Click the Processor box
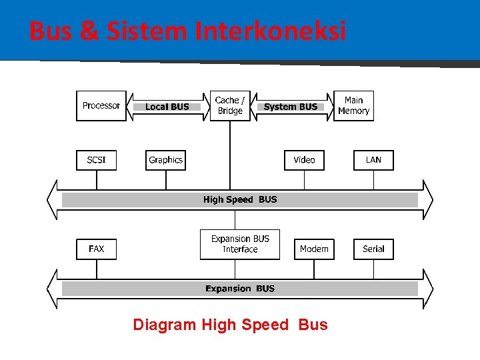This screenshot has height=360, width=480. [x=101, y=106]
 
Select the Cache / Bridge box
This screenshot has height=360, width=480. [x=230, y=106]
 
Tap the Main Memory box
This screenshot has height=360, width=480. [x=353, y=106]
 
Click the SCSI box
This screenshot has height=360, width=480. [x=96, y=160]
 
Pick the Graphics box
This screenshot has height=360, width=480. [x=165, y=160]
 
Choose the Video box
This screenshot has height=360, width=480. [x=304, y=160]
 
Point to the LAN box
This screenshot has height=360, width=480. [x=373, y=160]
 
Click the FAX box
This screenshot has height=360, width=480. [x=96, y=249]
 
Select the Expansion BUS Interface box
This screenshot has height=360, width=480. [x=240, y=244]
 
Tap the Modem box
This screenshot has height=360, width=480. [x=314, y=249]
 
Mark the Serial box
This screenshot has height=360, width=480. [x=373, y=249]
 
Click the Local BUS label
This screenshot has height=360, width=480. [x=167, y=107]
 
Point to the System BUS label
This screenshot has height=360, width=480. [x=291, y=107]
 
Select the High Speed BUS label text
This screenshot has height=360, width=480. [x=240, y=199]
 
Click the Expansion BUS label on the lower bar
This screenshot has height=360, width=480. [x=240, y=289]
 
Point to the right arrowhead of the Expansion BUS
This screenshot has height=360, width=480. [x=428, y=289]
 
